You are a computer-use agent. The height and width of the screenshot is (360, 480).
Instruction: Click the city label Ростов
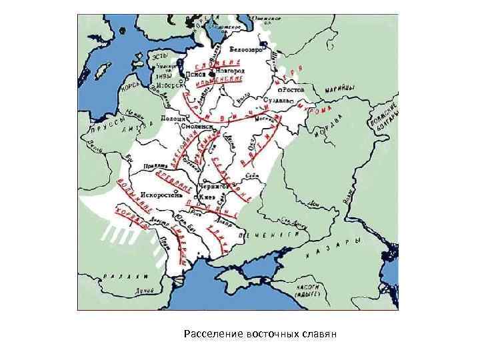294,89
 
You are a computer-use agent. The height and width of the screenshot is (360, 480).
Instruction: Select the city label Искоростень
157,197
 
